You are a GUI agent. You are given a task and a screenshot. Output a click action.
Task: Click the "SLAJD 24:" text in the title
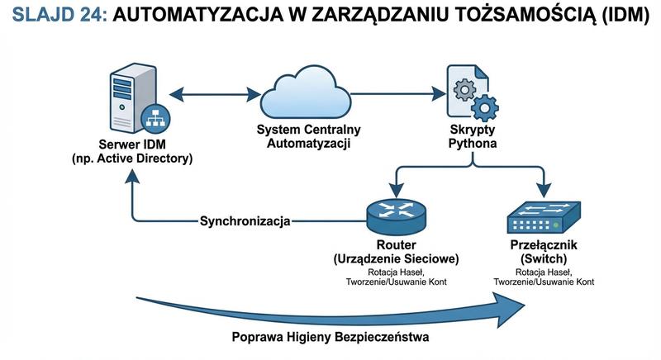point(55,17)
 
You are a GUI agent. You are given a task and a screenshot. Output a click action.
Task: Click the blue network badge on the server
point(155,119)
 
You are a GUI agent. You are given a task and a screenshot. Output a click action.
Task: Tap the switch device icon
point(542,216)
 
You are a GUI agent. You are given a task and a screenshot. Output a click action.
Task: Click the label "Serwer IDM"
point(132,145)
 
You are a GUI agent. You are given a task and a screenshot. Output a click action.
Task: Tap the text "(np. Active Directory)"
point(132,159)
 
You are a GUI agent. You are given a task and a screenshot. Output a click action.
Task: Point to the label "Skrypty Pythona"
point(472,137)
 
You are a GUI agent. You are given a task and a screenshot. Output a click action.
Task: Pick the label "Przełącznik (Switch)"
point(542,252)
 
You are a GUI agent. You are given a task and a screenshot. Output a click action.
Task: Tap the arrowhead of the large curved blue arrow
point(516,307)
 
